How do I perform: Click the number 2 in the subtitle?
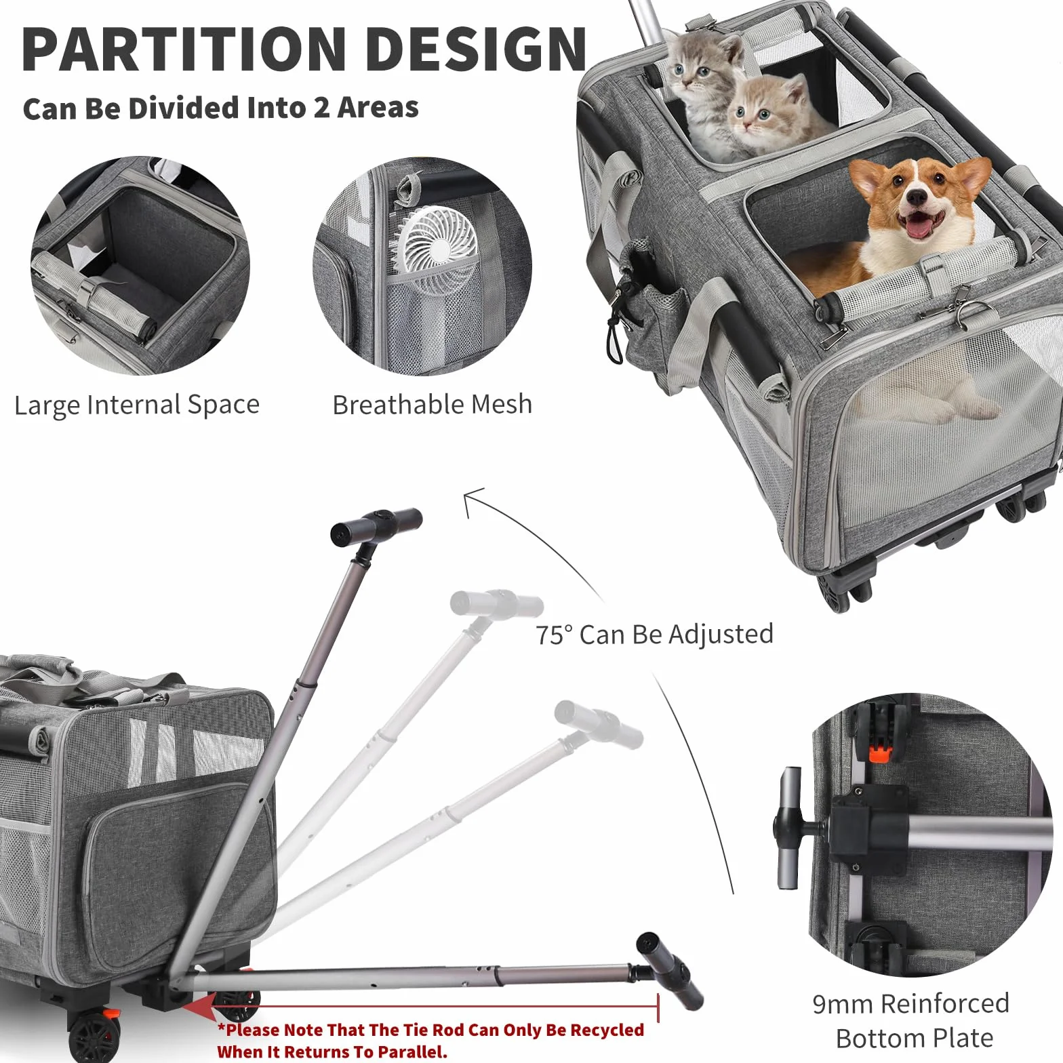point(321,108)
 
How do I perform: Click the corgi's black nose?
point(917,197)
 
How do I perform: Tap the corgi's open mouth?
point(919,225)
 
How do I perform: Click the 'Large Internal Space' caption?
point(137,405)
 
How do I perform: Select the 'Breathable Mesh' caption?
point(433,404)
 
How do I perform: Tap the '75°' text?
point(555,635)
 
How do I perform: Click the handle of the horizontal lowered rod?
point(669,970)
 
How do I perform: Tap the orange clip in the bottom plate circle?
point(879,754)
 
